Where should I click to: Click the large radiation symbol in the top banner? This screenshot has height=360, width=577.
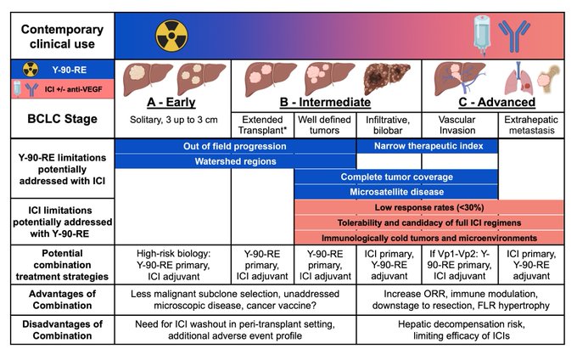pos(171,36)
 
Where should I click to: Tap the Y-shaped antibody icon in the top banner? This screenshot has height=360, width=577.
pos(514,36)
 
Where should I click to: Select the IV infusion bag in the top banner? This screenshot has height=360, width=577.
pos(482,36)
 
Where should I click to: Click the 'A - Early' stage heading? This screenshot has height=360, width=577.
pos(171,102)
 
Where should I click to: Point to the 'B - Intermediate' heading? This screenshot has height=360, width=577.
pos(325,102)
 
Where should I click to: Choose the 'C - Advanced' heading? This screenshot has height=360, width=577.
pos(496,102)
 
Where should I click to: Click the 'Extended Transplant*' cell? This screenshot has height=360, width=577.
pos(262,125)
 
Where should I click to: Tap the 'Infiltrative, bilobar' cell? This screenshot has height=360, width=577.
pos(388,125)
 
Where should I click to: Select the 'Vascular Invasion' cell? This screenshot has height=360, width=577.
pos(457,125)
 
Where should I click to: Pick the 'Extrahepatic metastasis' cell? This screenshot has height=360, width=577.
pos(531,125)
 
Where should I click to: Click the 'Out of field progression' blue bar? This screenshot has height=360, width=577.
pos(235,146)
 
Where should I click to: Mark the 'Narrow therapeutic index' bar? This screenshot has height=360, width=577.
pos(428,146)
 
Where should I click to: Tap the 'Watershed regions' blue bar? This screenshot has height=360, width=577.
pos(235,161)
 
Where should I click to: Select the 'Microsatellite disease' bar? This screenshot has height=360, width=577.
pos(396,192)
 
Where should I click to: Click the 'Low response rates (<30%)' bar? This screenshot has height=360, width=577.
pos(429,207)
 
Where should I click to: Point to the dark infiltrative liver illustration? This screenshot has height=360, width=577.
pos(386,78)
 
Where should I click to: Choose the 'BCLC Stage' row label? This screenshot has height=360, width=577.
pos(63,119)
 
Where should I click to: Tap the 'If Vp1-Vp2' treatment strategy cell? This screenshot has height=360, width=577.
pos(460,265)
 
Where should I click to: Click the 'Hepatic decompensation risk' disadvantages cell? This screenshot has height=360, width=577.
pos(461,329)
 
